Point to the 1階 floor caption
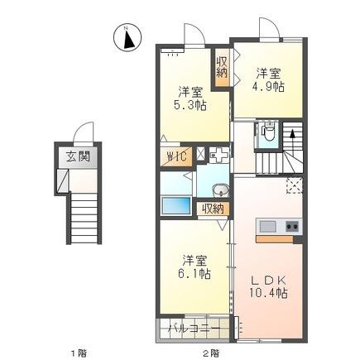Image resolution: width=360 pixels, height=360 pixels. (78, 351)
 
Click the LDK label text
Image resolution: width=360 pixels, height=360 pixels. (270, 280)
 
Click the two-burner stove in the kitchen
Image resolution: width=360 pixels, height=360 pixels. (292, 226)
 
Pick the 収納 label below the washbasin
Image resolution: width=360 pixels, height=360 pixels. (213, 209)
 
